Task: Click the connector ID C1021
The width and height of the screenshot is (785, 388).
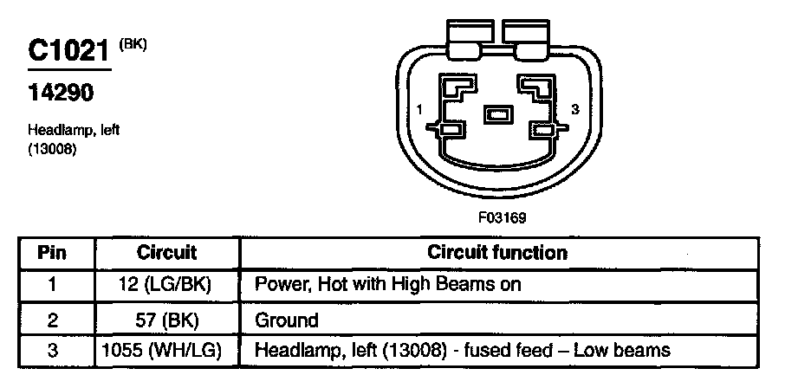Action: (x=68, y=51)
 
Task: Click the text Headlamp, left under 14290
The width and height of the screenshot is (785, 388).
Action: (x=73, y=130)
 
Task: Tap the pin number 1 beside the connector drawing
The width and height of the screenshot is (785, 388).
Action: (x=419, y=110)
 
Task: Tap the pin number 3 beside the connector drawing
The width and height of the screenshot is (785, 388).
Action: (x=574, y=109)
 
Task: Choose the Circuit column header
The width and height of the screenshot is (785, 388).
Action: (x=166, y=254)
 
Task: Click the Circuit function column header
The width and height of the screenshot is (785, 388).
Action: (x=497, y=253)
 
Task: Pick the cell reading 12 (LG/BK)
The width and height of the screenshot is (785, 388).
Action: (x=167, y=284)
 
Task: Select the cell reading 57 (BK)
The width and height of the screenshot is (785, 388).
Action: (x=167, y=320)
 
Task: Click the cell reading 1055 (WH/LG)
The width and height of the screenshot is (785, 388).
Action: (x=166, y=351)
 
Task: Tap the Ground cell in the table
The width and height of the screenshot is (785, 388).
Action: (x=287, y=320)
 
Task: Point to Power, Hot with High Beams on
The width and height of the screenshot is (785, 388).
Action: (x=387, y=284)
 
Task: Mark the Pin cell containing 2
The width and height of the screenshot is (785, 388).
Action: (x=52, y=320)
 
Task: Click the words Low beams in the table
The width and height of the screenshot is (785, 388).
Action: (x=633, y=351)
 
